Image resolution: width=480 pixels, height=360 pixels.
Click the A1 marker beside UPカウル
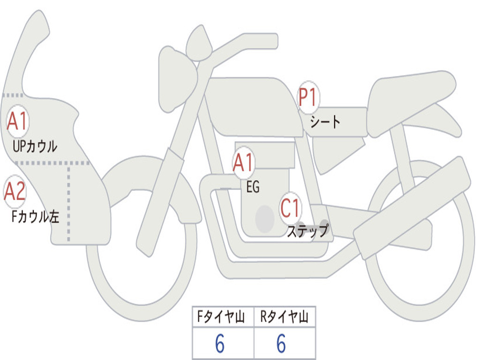tap(18, 121)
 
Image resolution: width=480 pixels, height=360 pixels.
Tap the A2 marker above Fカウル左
tap(15, 191)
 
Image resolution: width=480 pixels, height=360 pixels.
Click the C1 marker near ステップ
tap(291, 208)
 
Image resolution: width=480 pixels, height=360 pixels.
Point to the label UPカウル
tap(36, 146)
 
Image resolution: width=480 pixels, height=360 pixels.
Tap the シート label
tap(325, 123)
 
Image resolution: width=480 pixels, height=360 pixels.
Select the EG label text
tap(253, 187)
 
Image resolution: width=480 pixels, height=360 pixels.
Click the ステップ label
tap(307, 231)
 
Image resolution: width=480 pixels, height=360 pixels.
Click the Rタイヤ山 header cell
tap(285, 317)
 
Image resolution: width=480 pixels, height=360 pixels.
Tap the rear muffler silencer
tap(412, 202)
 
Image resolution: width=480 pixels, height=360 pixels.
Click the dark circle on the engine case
tap(265, 218)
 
